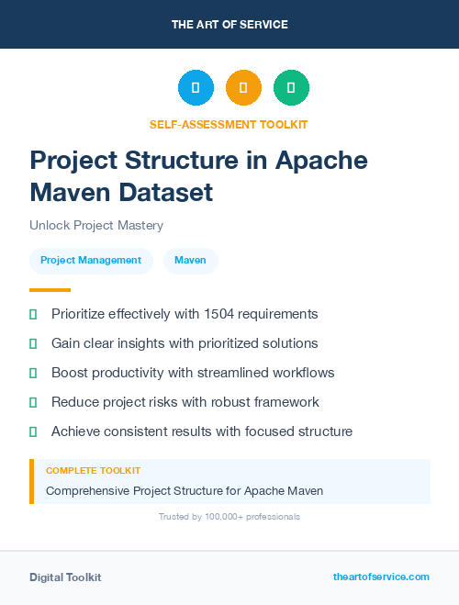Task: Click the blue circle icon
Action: point(196,87)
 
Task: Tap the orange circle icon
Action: point(243,87)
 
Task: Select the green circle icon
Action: point(291,87)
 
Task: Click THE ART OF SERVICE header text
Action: point(229,25)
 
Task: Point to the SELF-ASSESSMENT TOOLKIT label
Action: point(229,124)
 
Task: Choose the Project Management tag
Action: point(91,260)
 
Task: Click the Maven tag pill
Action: point(191,260)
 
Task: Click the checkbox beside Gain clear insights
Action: point(33,343)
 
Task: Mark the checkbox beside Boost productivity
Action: point(33,373)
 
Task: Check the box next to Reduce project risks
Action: point(33,402)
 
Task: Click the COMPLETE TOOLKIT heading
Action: point(93,471)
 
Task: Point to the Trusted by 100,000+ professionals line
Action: point(229,517)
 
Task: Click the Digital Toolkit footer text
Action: point(65,577)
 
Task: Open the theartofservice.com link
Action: point(381,577)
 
